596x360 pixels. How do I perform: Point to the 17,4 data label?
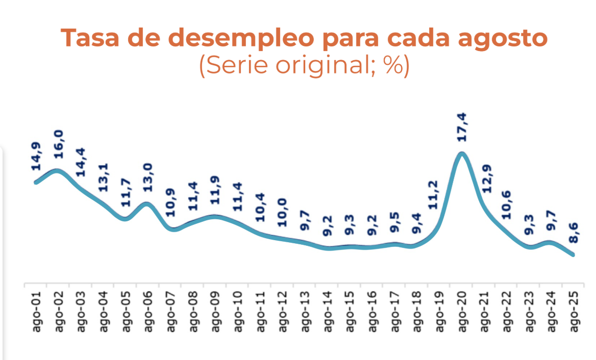pyautogui.click(x=463, y=127)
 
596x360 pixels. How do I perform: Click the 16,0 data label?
pyautogui.click(x=59, y=145)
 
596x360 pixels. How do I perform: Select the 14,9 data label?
pyautogui.click(x=36, y=159)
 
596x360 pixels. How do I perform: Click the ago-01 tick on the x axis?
pyautogui.click(x=36, y=311)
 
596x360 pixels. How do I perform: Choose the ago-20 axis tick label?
pyautogui.click(x=463, y=311)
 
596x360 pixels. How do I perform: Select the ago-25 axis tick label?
pyautogui.click(x=575, y=311)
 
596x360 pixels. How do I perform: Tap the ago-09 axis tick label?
pyautogui.click(x=216, y=311)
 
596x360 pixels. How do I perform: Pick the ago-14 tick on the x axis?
pyautogui.click(x=328, y=311)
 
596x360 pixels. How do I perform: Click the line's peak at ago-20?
pyautogui.click(x=462, y=153)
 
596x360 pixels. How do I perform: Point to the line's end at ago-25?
pyautogui.click(x=574, y=254)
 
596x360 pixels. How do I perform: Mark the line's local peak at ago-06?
pyautogui.click(x=147, y=204)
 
